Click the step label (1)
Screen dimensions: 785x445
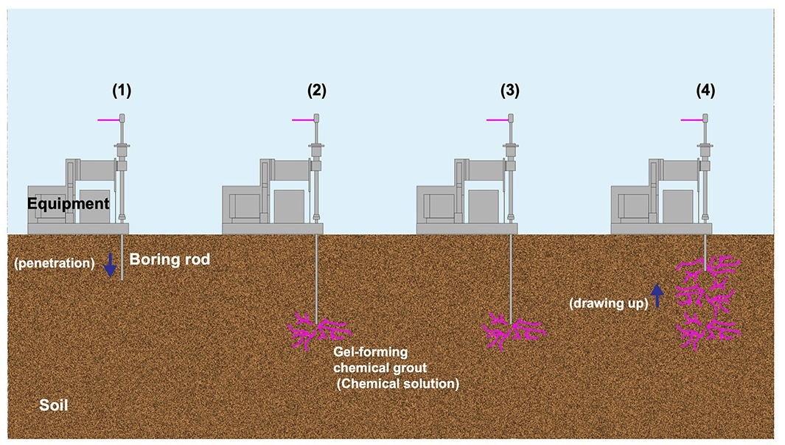tap(122, 91)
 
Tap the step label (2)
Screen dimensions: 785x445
tap(316, 91)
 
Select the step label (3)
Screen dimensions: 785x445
tap(510, 91)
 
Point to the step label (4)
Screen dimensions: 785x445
tap(705, 91)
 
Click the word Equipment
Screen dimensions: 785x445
tap(68, 204)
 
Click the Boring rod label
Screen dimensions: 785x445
tap(170, 259)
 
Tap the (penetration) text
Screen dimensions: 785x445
tap(55, 263)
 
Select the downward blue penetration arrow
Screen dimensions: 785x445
tap(110, 264)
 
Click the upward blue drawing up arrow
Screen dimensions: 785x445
tap(657, 296)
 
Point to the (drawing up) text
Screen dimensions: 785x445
tap(609, 303)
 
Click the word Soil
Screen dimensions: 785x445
tap(54, 405)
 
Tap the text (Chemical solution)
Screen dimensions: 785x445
tap(397, 384)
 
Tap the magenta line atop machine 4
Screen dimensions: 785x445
tap(691, 120)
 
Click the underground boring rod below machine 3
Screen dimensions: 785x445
tap(511, 278)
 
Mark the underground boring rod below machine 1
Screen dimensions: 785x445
tap(122, 257)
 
